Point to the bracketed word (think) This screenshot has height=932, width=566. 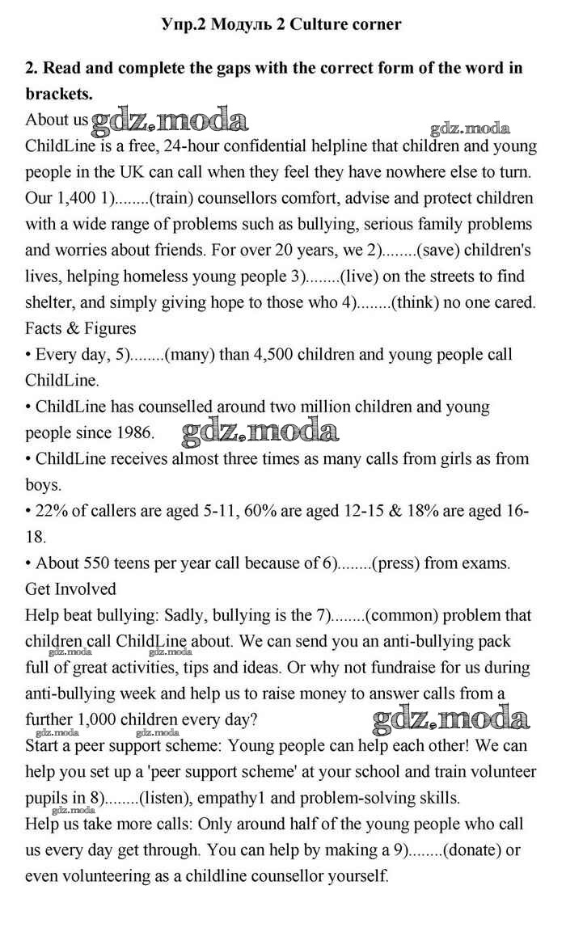pos(419,302)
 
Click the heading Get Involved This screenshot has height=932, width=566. pos(70,588)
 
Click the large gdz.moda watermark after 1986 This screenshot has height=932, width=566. pos(260,432)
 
